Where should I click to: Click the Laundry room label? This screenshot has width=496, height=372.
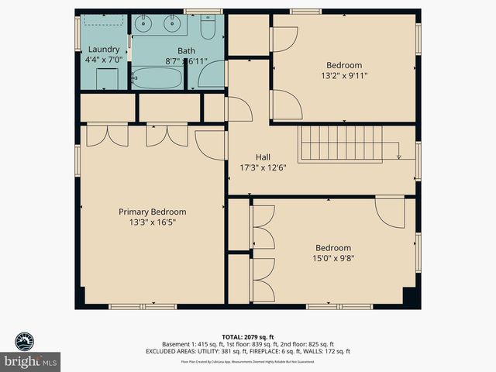(104, 50)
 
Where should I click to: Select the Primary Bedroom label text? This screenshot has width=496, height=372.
(152, 212)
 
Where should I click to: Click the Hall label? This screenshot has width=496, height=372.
(263, 157)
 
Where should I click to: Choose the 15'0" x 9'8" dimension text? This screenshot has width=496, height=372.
(333, 259)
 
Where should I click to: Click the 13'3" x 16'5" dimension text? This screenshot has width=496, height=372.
(152, 222)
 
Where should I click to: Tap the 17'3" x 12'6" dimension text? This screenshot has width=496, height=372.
(263, 168)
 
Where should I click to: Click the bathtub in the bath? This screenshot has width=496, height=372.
(157, 77)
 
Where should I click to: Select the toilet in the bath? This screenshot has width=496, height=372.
(207, 27)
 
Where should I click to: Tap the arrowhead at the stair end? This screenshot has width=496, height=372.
(398, 157)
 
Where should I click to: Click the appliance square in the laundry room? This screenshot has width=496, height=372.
(106, 78)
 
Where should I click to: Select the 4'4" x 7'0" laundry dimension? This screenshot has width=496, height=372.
(104, 60)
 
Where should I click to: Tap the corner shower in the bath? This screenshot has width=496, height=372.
(210, 74)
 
